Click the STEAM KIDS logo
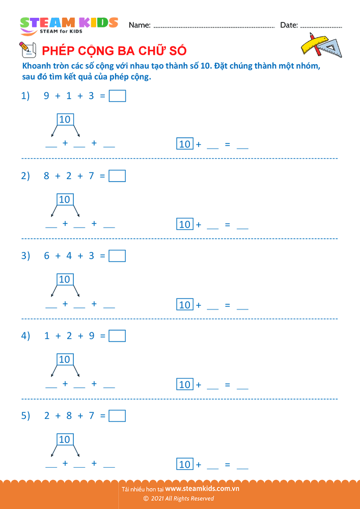pyautogui.click(x=69, y=25)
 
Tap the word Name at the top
pyautogui.click(x=140, y=25)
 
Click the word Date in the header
pyautogui.click(x=289, y=25)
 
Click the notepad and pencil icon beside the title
pyautogui.click(x=27, y=49)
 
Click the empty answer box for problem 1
pyautogui.click(x=117, y=96)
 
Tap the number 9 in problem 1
pyautogui.click(x=47, y=96)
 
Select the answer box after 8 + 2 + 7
pyautogui.click(x=117, y=176)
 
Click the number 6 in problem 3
pyautogui.click(x=47, y=256)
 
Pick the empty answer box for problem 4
pyautogui.click(x=117, y=336)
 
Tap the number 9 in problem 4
pyautogui.click(x=92, y=336)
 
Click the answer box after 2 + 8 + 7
pyautogui.click(x=117, y=416)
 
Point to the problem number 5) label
pyautogui.click(x=25, y=416)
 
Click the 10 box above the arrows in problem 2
pyautogui.click(x=65, y=200)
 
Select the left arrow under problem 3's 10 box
pyautogui.click(x=54, y=291)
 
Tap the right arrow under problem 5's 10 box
pyautogui.click(x=76, y=450)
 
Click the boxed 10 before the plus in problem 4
pyautogui.click(x=185, y=384)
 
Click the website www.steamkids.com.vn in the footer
pyautogui.click(x=202, y=488)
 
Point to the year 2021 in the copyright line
pyautogui.click(x=156, y=499)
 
